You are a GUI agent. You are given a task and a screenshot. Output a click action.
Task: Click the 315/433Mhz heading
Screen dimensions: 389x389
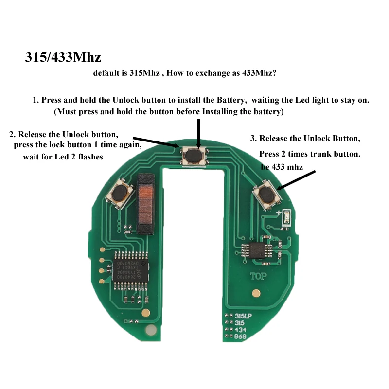[x=63, y=57]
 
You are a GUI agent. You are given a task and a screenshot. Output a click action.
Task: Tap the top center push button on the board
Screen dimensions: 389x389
[x=194, y=156]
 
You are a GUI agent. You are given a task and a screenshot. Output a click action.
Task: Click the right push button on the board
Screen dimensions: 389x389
[x=266, y=194]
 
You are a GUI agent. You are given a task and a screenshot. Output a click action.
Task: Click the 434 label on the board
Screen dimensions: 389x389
[x=241, y=330]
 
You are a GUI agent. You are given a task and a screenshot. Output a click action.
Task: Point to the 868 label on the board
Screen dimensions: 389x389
[x=241, y=336]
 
